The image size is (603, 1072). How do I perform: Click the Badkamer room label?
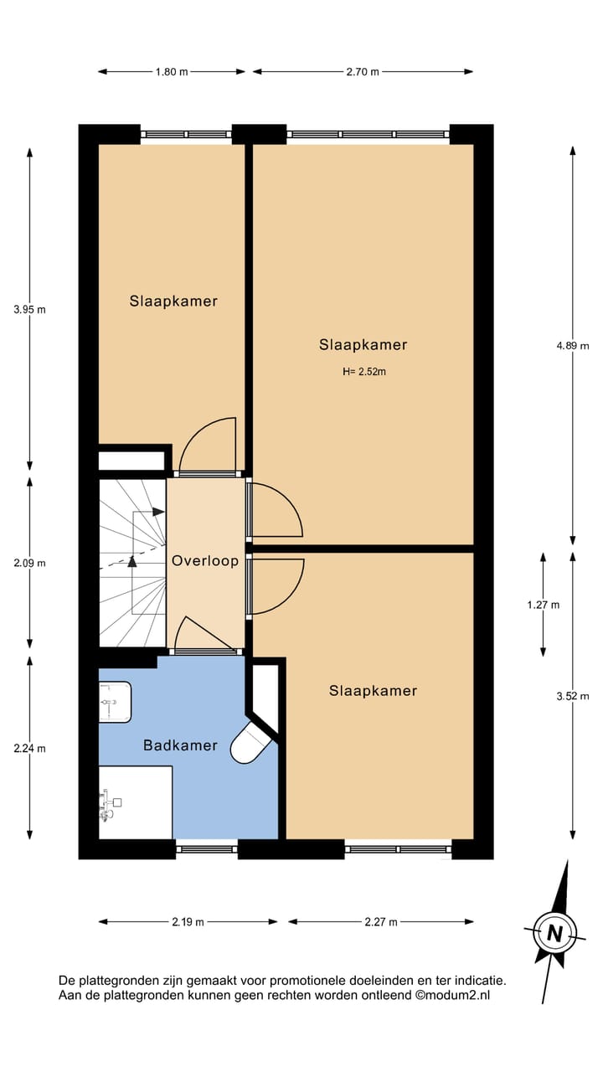(x=180, y=745)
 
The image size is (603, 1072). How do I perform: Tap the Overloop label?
(x=205, y=561)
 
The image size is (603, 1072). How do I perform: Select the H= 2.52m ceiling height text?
(x=363, y=372)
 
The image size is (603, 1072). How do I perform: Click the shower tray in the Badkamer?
(x=134, y=801)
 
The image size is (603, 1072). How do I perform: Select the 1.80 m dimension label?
(x=171, y=72)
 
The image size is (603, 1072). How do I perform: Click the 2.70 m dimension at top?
(x=362, y=72)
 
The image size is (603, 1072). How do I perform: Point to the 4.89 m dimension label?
(x=572, y=345)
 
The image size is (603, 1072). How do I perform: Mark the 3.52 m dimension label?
(x=572, y=695)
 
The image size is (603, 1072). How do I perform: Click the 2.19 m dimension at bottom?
(x=188, y=922)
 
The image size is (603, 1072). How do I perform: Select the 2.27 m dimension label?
(x=380, y=922)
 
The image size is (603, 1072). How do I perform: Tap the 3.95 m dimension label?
(x=29, y=309)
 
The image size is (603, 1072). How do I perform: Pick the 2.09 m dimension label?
(x=29, y=563)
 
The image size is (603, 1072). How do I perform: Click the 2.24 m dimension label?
(x=29, y=748)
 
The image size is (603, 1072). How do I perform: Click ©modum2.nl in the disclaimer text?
(x=452, y=995)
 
